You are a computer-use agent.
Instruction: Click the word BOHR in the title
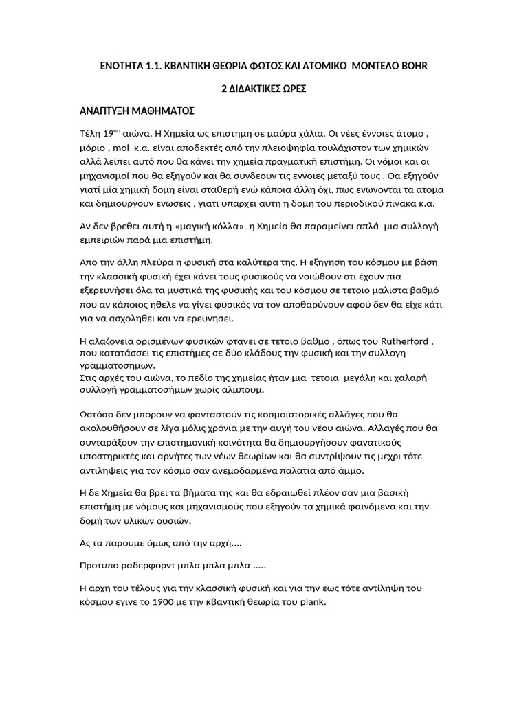tap(419, 65)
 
